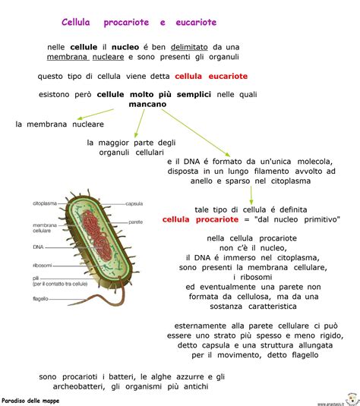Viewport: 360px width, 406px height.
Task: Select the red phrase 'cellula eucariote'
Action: pos(211,76)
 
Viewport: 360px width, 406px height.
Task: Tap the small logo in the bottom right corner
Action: pos(351,397)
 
